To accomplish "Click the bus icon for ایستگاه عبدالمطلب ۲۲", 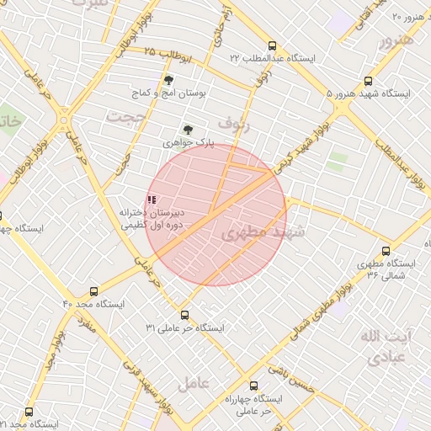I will pos(271,46).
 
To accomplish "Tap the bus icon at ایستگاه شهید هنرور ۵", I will pos(368,82).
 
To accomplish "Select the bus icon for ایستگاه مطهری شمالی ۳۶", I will pos(386,251).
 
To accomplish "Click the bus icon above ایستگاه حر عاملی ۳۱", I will pos(184,315).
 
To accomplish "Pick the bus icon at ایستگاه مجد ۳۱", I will pos(29,412).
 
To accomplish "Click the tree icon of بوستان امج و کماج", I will pos(169,81).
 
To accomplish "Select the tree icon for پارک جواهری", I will pos(188,130).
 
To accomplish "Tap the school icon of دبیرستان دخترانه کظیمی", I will pos(152,200).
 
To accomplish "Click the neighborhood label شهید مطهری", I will pos(265,232).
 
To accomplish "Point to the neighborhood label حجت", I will pos(128,116).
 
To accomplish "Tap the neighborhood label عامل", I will pos(193,383).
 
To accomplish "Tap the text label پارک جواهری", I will pos(189,144).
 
